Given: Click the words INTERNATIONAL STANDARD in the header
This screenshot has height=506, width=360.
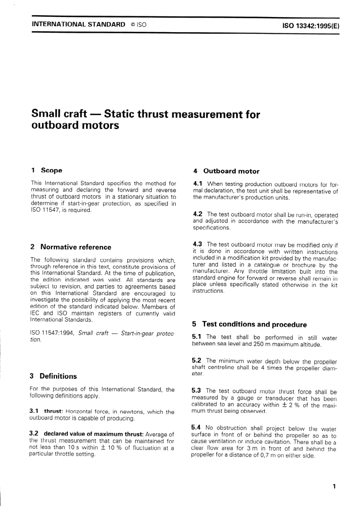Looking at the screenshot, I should point(78,24).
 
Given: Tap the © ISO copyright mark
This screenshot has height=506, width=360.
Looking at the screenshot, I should point(138,25).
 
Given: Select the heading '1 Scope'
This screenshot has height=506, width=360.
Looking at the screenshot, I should point(46,170).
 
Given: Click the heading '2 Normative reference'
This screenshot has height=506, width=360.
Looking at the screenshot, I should point(71,247).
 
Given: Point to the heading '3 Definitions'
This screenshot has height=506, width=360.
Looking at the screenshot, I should point(53,376).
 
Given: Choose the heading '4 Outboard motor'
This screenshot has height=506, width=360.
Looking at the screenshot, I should point(226,171).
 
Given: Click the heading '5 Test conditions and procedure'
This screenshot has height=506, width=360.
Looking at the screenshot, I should point(249,325).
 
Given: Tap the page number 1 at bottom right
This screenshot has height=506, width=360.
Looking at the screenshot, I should point(334,486).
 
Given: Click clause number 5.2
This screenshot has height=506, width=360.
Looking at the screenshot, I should point(197,361).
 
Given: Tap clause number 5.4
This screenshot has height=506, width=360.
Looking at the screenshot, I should point(197,428).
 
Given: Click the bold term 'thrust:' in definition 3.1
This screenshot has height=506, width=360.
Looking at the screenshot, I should point(53,412).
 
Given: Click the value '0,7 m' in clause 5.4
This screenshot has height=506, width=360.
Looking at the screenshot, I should point(269,456).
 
